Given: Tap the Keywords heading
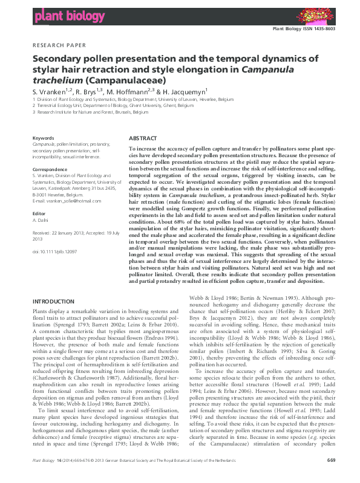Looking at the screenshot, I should point(42,138).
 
